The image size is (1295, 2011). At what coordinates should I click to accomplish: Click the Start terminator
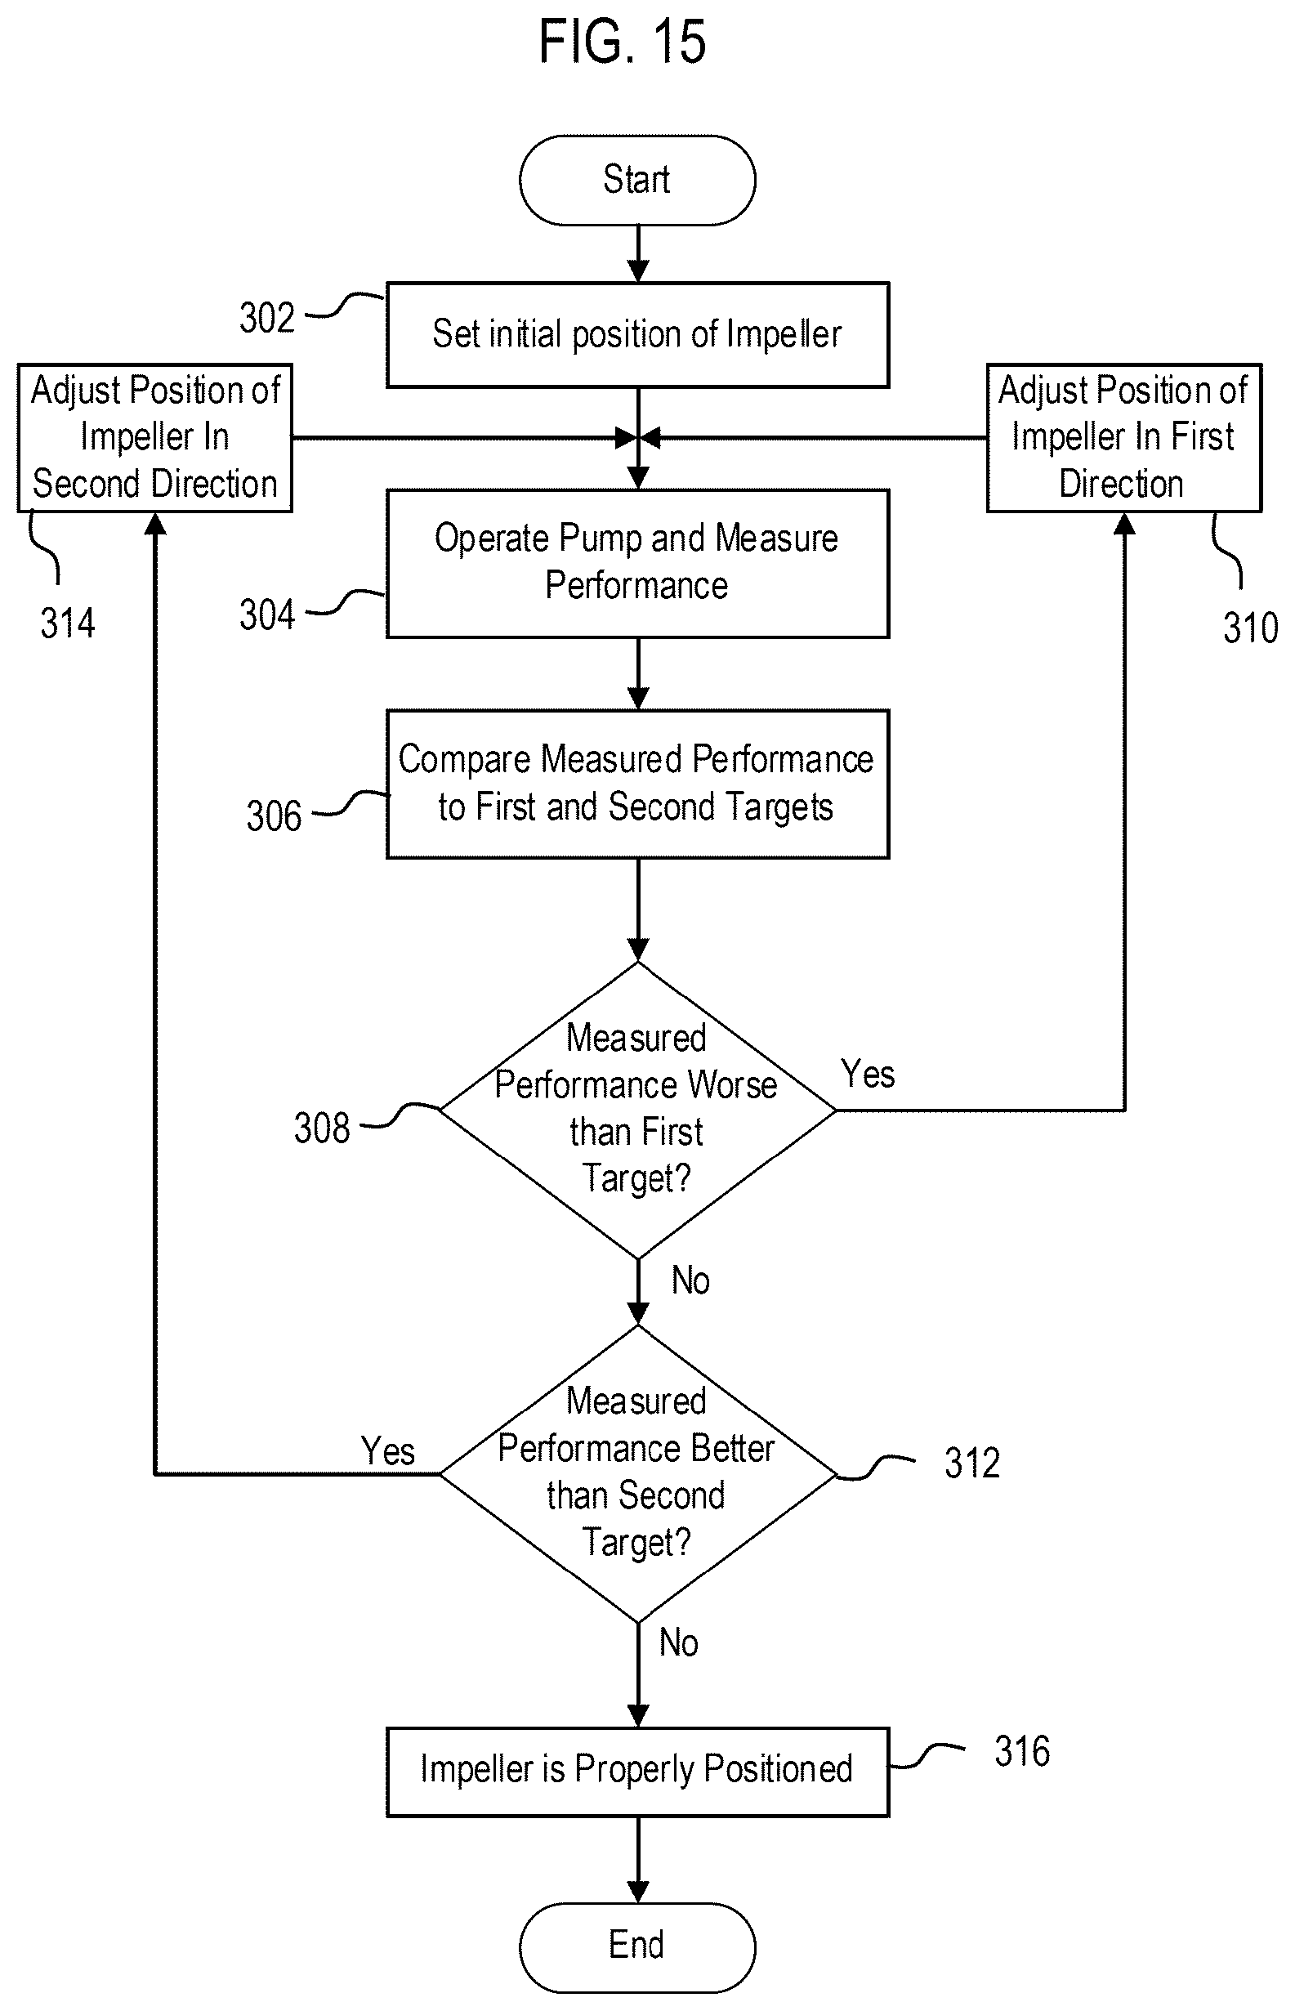pos(637,180)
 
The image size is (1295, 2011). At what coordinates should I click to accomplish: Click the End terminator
pos(637,1947)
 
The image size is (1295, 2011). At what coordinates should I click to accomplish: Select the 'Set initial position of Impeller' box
pos(637,335)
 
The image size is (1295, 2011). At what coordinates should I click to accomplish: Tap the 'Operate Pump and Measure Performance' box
pos(637,564)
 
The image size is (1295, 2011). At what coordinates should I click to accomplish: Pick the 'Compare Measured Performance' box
pos(637,784)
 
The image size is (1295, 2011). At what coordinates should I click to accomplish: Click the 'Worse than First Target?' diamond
pos(637,1110)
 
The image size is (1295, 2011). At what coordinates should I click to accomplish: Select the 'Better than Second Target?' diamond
pos(637,1472)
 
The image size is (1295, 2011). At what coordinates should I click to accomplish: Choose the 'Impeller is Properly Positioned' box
pos(637,1772)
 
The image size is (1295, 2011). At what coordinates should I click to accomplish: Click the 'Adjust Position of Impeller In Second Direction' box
pos(154,437)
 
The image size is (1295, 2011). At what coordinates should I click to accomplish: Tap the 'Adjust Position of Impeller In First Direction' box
pos(1123,437)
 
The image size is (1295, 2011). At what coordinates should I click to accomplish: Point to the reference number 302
pos(266,318)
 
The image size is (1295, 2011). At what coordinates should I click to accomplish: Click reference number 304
pos(266,614)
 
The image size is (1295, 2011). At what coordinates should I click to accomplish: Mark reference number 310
pos(1250,628)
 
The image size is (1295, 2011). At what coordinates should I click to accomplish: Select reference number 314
pos(68,624)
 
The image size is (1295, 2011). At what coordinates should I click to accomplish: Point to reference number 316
pos(1022,1752)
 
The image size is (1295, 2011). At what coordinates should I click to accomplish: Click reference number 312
pos(972,1464)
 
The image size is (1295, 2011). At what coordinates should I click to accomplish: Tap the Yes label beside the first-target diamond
pos(868,1074)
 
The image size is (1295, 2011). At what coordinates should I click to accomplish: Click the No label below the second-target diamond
pos(679,1642)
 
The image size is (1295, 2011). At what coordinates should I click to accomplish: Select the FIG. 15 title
pos(623,42)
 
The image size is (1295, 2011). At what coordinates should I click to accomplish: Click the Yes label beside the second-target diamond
pos(387,1451)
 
